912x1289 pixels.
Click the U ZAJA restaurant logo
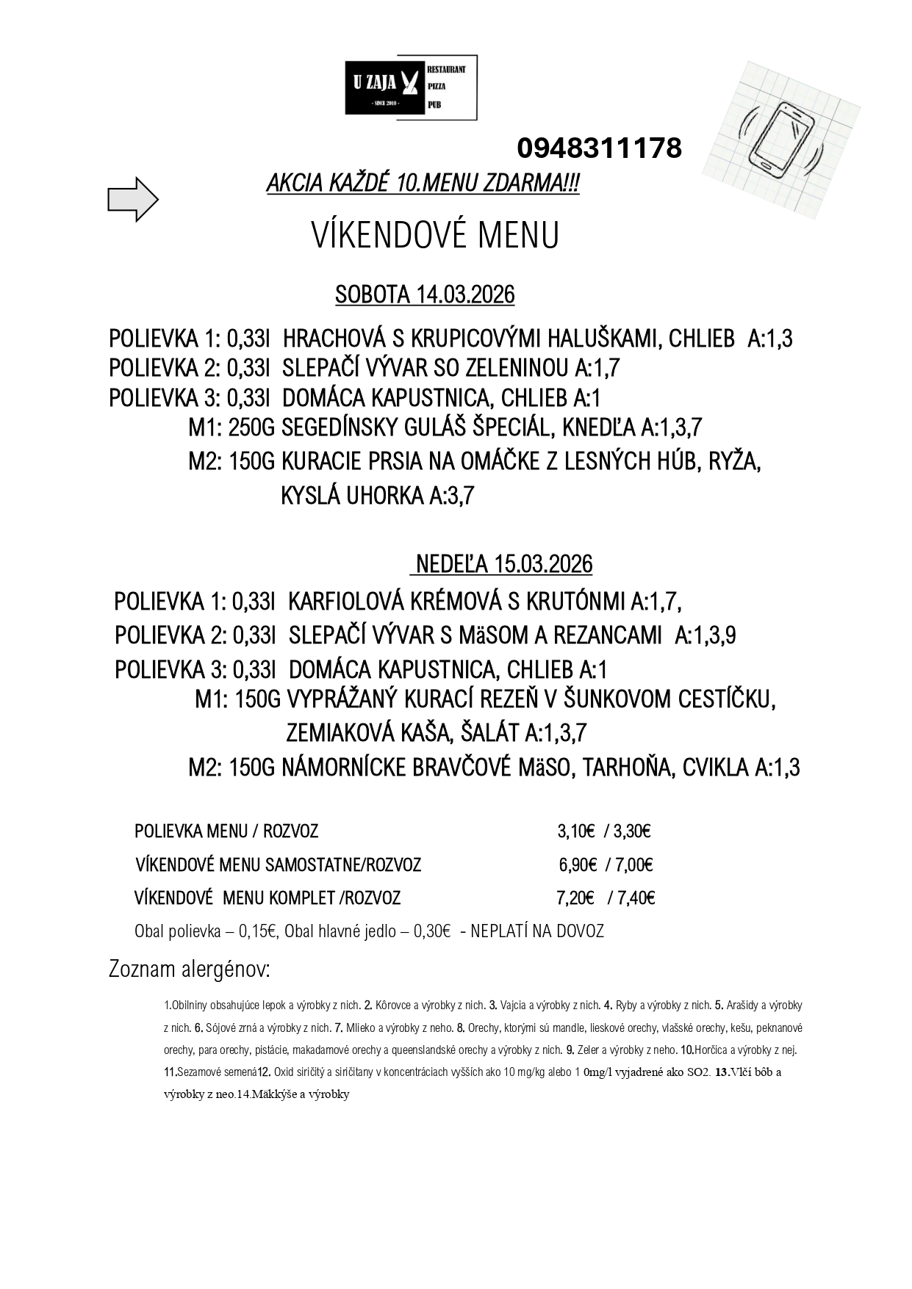[x=411, y=87]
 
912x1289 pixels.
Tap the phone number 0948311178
[x=599, y=148]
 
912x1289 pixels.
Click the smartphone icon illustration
[x=779, y=140]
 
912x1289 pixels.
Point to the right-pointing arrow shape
[x=133, y=199]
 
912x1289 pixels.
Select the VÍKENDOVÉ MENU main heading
[x=435, y=236]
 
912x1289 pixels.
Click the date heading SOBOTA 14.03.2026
[x=425, y=295]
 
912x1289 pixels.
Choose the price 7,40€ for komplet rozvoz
[x=636, y=898]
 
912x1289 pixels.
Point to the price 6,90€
[x=578, y=864]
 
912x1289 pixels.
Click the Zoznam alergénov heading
[x=190, y=970]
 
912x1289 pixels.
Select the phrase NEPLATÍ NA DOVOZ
[x=536, y=931]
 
